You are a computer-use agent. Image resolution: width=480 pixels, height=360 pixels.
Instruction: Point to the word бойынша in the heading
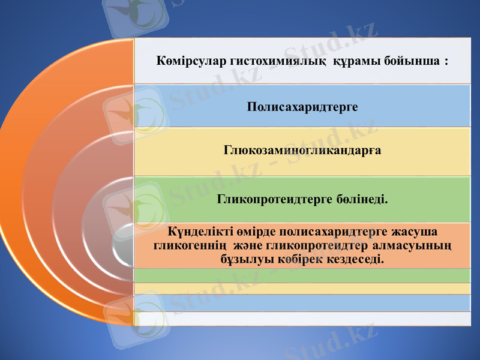(410, 61)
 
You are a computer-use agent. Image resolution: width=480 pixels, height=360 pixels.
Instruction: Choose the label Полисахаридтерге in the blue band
(302, 107)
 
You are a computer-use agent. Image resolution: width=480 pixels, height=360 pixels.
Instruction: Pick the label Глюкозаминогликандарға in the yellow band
(302, 150)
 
